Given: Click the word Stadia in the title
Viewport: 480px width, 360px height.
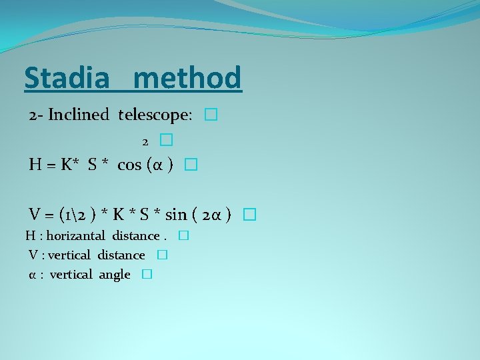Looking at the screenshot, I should click(x=66, y=78).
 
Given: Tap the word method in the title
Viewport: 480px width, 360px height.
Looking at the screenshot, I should click(x=187, y=78).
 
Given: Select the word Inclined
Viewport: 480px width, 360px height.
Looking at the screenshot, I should click(x=78, y=115).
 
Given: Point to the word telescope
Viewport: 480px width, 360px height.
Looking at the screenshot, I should click(x=153, y=115).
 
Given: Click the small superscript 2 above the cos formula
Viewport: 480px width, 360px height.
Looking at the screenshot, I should click(x=145, y=141).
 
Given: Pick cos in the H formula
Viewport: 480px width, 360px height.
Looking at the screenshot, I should click(x=129, y=165).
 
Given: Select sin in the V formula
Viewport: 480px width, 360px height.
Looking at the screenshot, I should click(x=176, y=214).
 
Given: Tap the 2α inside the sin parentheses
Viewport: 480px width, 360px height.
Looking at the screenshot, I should click(x=213, y=214).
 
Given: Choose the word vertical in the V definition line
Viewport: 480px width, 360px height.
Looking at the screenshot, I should click(x=69, y=255).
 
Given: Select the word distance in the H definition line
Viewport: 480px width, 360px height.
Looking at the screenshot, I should click(x=135, y=235).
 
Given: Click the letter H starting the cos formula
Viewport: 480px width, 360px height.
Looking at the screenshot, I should click(x=36, y=165).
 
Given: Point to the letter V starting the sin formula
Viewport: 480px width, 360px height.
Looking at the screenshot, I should click(x=36, y=214).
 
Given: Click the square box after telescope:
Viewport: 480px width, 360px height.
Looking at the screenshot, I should click(x=211, y=115).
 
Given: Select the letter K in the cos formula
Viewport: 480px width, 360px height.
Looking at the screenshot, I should click(x=67, y=165).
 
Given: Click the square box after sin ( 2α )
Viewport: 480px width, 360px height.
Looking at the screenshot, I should click(x=249, y=215).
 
